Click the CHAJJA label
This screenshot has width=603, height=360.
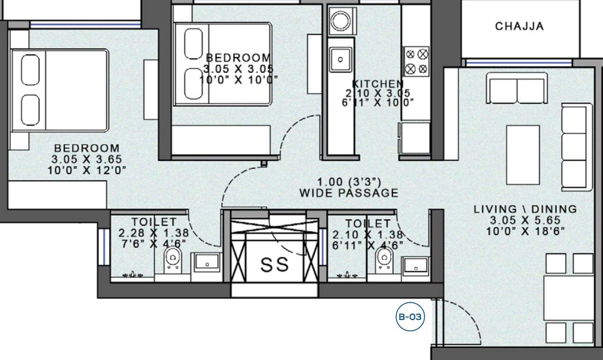(x=519, y=26)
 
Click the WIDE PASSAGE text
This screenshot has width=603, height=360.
(x=349, y=193)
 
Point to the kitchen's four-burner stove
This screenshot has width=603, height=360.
(x=417, y=61)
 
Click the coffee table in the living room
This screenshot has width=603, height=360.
(x=523, y=155)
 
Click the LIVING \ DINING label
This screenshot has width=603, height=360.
(x=525, y=209)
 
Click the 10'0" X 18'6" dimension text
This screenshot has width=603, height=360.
(x=525, y=231)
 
